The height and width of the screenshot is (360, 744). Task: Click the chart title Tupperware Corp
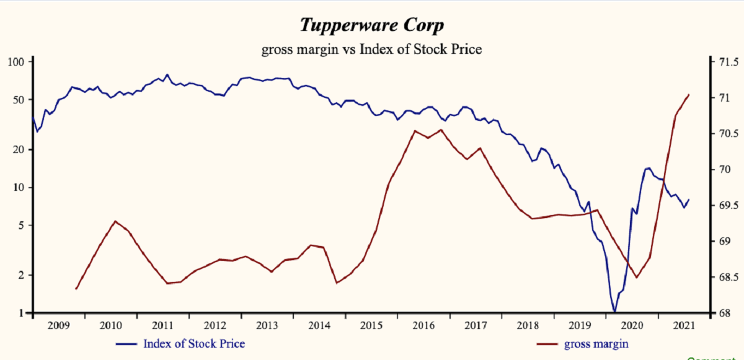371,26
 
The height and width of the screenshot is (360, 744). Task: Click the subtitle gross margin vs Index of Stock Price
371,49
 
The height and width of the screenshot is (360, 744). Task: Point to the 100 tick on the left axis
15,62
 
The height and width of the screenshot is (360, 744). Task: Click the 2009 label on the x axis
58,325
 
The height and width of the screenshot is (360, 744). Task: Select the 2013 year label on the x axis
268,325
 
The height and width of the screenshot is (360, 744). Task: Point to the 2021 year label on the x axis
683,325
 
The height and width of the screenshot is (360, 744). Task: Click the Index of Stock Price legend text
194,343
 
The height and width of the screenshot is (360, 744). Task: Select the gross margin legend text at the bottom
600,343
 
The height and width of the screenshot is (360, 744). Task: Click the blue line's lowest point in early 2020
614,312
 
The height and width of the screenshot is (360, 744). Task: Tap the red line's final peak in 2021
689,95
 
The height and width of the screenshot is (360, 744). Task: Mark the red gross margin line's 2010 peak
115,221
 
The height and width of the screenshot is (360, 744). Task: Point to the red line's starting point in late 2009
76,289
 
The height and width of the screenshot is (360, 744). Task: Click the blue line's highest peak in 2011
167,74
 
